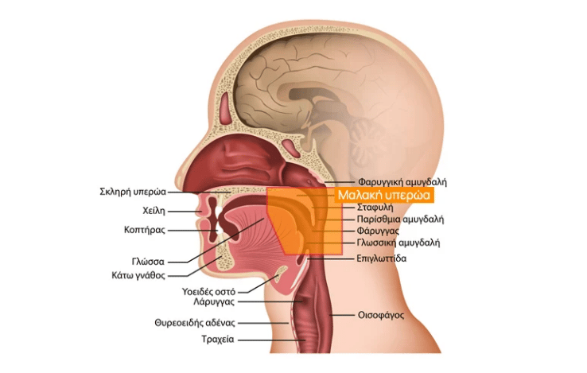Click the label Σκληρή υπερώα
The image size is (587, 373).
pos(133,192)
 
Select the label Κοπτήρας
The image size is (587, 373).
pos(145,230)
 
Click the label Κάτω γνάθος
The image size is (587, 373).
pos(138,275)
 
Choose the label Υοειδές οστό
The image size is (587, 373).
pos(209,292)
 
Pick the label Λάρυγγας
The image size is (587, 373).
pos(215,302)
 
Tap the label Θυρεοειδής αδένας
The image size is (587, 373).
pos(195,323)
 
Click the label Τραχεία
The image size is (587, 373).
pos(216,340)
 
